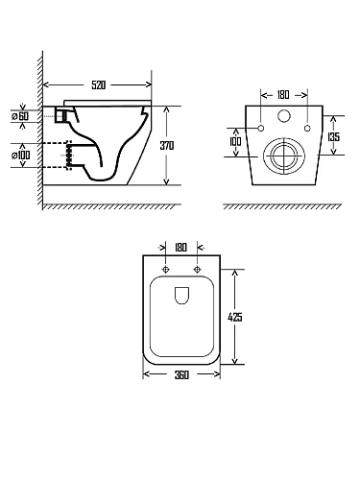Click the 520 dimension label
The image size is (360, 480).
click(98, 85)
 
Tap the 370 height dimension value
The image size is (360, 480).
click(167, 146)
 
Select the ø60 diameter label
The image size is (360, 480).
click(20, 116)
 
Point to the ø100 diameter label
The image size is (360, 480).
click(21, 156)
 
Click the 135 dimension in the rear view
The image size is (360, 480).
click(333, 137)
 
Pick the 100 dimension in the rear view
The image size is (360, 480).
click(235, 141)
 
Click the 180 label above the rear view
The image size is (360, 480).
click(283, 95)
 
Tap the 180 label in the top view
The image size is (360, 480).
click(180, 248)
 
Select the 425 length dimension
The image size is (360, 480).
click(235, 317)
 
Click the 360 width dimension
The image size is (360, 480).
click(181, 374)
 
